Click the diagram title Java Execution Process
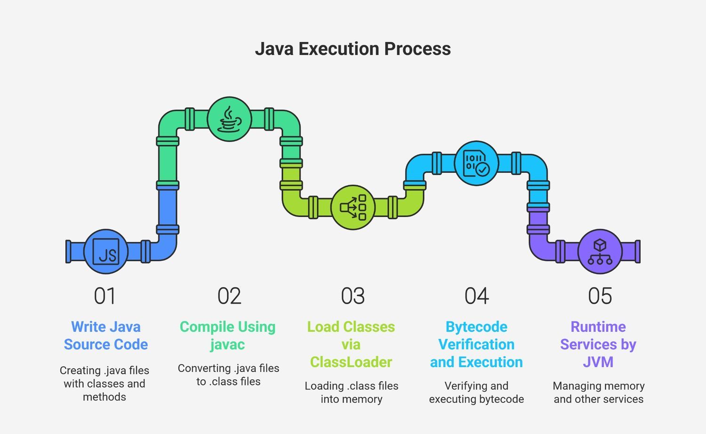[x=353, y=49]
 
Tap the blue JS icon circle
[x=106, y=251]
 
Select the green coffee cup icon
[x=230, y=119]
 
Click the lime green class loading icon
[x=353, y=208]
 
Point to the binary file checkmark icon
[x=476, y=163]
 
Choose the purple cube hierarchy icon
[x=600, y=251]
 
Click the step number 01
[x=104, y=296]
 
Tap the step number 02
[x=230, y=296]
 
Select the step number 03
[x=353, y=296]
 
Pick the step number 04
[x=476, y=296]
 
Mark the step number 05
[x=600, y=296]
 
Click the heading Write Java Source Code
[x=106, y=336]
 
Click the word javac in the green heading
[x=227, y=345]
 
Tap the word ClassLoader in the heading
[x=351, y=362]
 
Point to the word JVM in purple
[x=598, y=362]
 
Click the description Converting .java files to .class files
[x=228, y=375]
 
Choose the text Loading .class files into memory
[x=352, y=393]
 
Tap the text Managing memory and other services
[x=599, y=393]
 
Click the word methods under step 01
[x=104, y=397]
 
